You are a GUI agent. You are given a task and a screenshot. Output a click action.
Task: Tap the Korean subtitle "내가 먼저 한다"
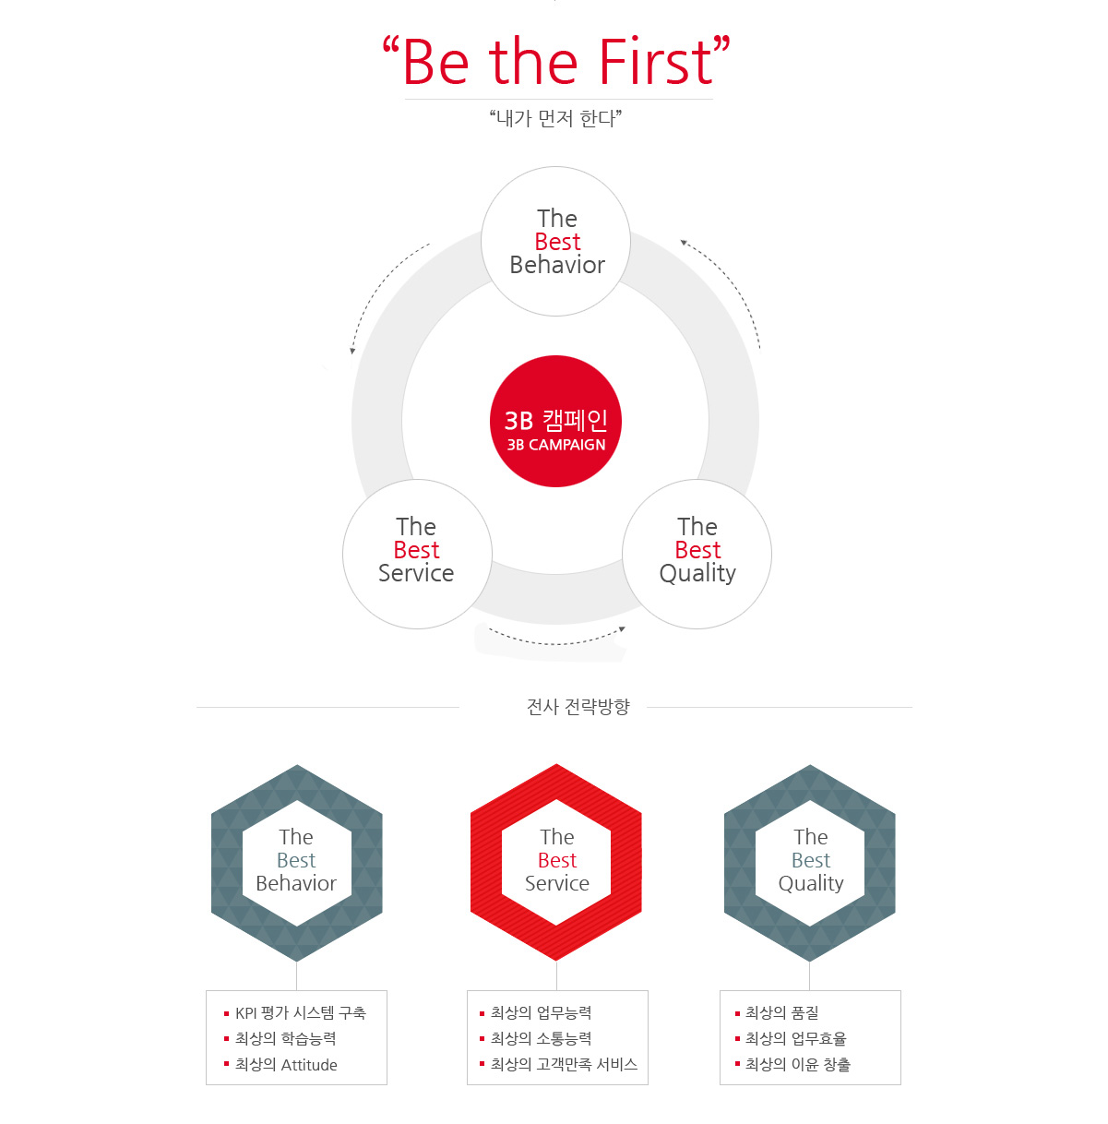coord(555,118)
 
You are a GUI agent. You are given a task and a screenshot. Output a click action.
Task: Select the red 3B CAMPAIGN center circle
coord(555,421)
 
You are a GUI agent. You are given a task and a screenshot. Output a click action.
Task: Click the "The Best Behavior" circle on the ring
coord(555,242)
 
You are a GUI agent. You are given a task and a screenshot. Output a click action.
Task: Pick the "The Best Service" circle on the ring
coord(417,554)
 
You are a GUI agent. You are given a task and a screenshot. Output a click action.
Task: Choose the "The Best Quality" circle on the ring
coord(697,554)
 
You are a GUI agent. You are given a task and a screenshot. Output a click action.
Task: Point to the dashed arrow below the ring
coord(557,642)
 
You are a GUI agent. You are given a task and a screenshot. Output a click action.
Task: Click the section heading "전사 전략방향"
coord(578,707)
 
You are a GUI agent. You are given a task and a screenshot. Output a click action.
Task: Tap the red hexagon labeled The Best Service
coord(556,862)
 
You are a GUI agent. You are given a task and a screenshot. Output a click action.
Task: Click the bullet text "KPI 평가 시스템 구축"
coord(301,1012)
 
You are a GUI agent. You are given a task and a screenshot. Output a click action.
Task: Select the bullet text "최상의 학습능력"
coord(285,1038)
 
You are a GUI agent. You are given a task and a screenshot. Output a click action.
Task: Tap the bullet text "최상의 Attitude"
coord(286,1065)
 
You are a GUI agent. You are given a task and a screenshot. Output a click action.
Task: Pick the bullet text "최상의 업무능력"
coord(542,1012)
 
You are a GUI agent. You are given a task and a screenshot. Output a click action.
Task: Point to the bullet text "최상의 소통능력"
coord(542,1038)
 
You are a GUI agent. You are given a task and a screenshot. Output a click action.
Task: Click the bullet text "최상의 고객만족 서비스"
coord(564,1065)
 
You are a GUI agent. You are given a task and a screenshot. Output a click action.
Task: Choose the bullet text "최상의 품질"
coord(782,1012)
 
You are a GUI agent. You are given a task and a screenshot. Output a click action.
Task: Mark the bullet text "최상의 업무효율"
coord(796,1038)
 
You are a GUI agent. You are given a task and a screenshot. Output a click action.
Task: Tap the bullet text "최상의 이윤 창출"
coord(798,1065)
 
